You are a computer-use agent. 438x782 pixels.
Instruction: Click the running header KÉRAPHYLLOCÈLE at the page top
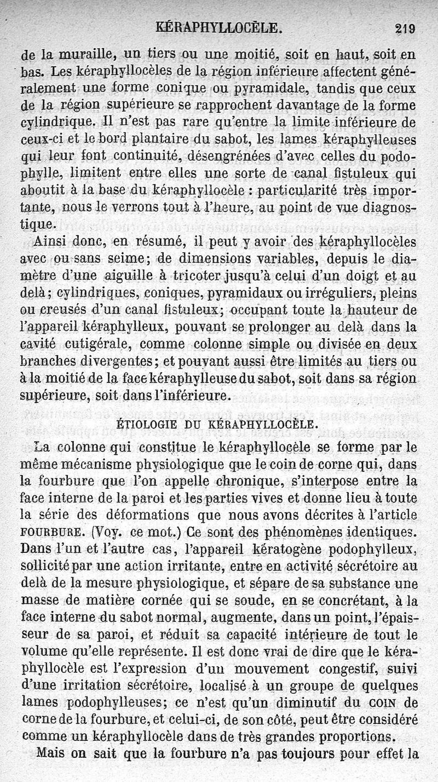219,26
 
